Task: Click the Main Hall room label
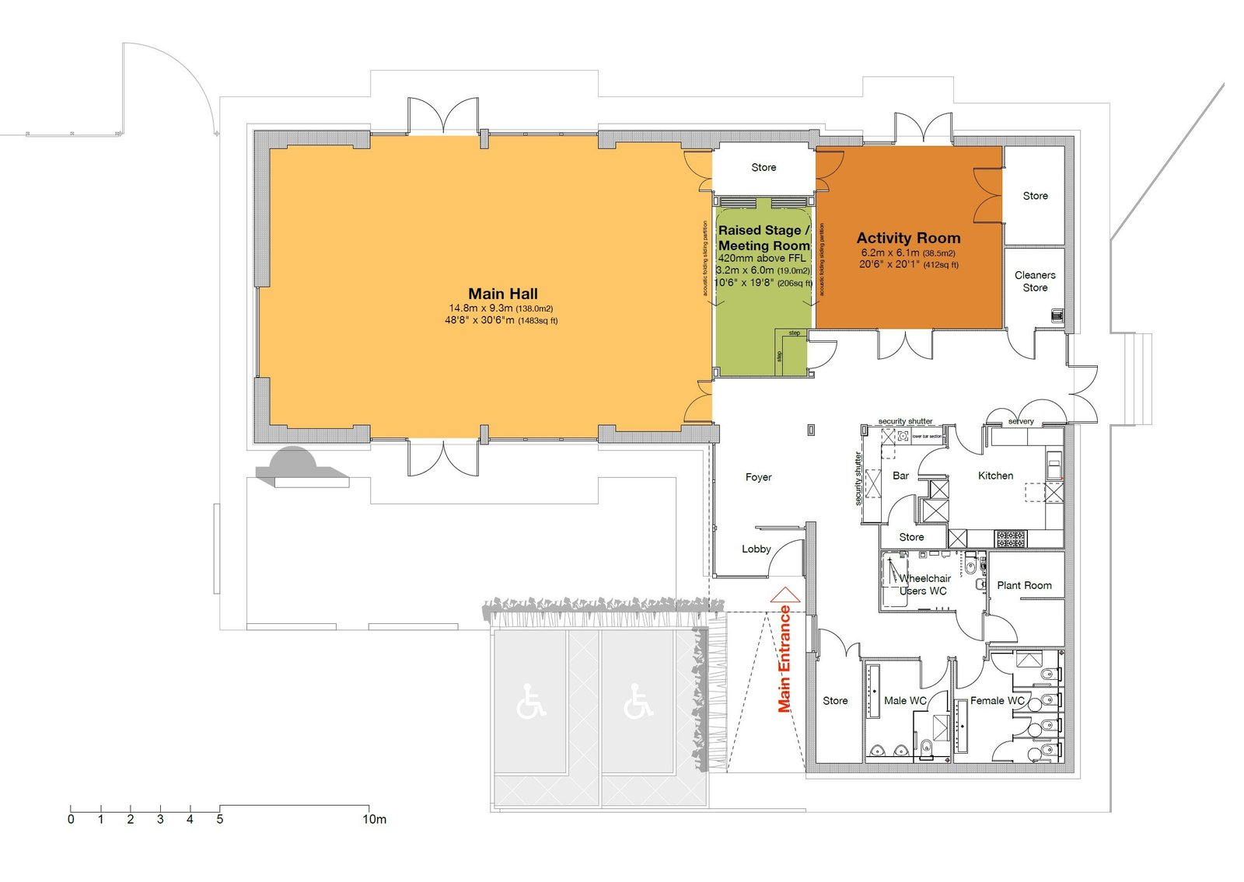click(502, 294)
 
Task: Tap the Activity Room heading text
click(908, 239)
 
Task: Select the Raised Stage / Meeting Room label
click(764, 238)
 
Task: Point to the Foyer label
click(758, 477)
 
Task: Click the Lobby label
click(756, 549)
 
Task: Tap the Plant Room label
click(1024, 585)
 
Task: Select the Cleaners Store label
click(1035, 281)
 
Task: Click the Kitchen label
click(995, 476)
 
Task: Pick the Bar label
click(900, 476)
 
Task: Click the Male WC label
click(905, 700)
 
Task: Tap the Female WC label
click(997, 700)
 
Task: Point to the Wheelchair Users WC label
click(924, 584)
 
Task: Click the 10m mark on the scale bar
click(374, 819)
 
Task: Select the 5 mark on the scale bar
click(220, 819)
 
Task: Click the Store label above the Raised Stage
click(764, 167)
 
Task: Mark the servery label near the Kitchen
click(1021, 421)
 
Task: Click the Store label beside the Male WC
click(835, 700)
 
